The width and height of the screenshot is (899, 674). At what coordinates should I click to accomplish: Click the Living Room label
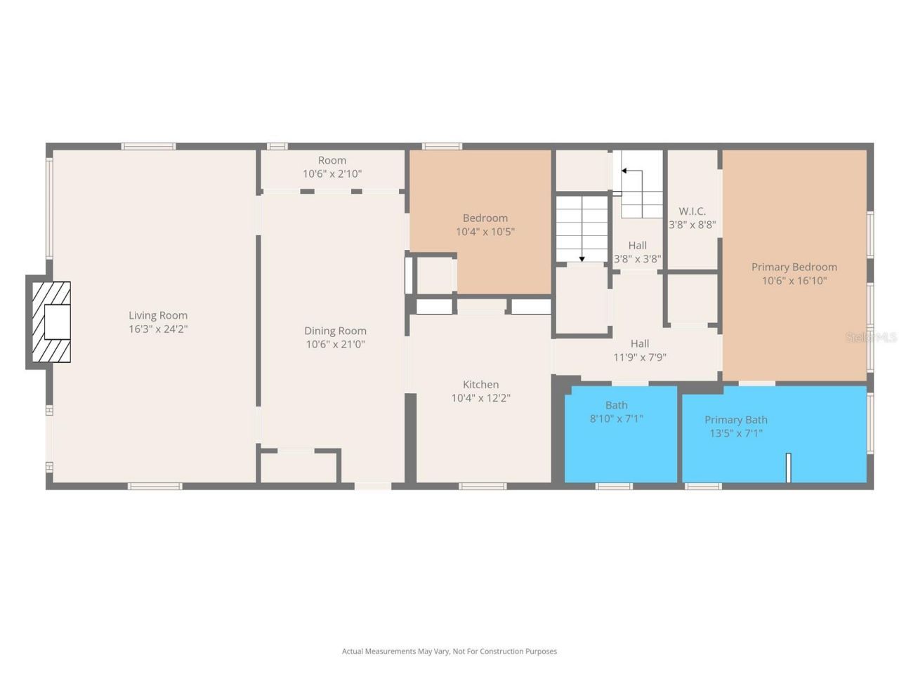pos(158,315)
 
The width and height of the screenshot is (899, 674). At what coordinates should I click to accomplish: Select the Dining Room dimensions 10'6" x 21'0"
pos(335,344)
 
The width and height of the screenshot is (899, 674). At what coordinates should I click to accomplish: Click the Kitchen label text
pos(480,384)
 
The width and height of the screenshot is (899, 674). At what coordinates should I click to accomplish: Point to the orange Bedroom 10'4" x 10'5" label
pos(485,225)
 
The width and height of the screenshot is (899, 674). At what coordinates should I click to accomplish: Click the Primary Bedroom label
pos(794,267)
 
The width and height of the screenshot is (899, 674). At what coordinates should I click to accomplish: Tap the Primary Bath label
pos(735,420)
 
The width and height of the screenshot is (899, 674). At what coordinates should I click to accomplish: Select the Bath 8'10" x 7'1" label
pos(616,411)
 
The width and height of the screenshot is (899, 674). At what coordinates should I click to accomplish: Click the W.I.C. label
pos(692,211)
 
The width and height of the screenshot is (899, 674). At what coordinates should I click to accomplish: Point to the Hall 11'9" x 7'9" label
pos(639,350)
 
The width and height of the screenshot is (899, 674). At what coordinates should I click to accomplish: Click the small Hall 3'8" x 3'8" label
pos(637,251)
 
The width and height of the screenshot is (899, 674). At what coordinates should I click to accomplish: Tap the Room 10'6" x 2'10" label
pos(332,166)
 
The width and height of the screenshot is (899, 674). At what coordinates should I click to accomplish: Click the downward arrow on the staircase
pos(582,258)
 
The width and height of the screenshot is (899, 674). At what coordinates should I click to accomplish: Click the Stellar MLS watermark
pos(871,337)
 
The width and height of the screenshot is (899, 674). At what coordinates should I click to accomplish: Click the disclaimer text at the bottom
pos(449,652)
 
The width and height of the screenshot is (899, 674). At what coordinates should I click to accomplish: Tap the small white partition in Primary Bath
pos(789,468)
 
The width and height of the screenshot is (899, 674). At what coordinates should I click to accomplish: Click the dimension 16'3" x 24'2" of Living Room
pos(158,329)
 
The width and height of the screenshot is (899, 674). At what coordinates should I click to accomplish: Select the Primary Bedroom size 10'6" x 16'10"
pos(794,281)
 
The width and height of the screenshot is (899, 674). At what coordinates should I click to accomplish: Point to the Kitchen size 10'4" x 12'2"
pos(480,398)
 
